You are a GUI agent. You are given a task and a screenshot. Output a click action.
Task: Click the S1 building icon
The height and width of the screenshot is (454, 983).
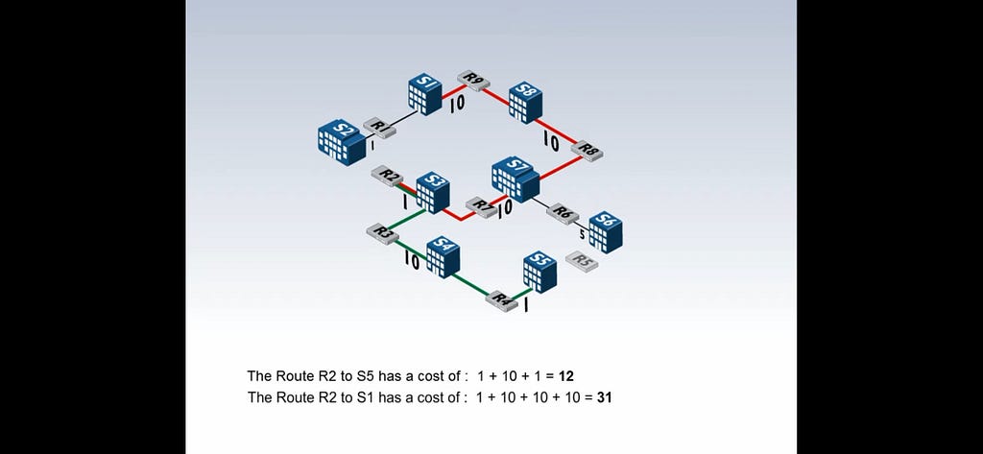pyautogui.click(x=425, y=95)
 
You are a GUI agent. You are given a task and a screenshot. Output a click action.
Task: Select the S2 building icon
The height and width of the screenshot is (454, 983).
pyautogui.click(x=342, y=143)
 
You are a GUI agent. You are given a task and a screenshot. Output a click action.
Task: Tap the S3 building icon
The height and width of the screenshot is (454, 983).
pyautogui.click(x=433, y=193)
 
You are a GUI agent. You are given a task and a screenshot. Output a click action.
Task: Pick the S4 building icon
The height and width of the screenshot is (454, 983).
pyautogui.click(x=444, y=257)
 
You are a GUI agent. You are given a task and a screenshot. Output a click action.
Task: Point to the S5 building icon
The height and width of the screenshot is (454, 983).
pyautogui.click(x=539, y=273)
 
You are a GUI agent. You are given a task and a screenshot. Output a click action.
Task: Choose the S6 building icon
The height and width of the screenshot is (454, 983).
pyautogui.click(x=606, y=232)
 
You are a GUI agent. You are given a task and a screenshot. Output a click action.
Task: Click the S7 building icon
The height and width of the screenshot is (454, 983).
pyautogui.click(x=515, y=179)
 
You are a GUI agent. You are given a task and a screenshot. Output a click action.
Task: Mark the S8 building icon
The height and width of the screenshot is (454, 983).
pyautogui.click(x=525, y=102)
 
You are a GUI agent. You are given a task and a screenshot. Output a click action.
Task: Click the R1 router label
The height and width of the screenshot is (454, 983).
pyautogui.click(x=379, y=128)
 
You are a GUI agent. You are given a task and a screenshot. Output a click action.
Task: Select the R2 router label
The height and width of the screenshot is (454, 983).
pyautogui.click(x=388, y=177)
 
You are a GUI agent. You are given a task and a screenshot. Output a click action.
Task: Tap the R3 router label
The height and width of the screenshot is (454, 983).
pyautogui.click(x=382, y=232)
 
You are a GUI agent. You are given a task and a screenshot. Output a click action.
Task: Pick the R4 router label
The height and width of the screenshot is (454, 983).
pyautogui.click(x=501, y=300)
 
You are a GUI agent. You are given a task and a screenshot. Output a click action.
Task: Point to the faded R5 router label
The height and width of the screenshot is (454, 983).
pyautogui.click(x=582, y=261)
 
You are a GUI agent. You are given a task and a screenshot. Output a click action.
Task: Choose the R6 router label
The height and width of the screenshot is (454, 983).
pyautogui.click(x=563, y=213)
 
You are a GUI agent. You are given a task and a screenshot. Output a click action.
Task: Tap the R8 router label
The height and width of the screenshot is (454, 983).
pyautogui.click(x=587, y=151)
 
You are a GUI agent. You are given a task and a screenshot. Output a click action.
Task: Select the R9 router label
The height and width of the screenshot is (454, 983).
pyautogui.click(x=472, y=81)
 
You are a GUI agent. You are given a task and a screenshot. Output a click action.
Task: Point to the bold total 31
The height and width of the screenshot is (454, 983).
pyautogui.click(x=605, y=397)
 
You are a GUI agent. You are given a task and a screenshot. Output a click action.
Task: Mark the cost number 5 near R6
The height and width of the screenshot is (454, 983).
pyautogui.click(x=582, y=235)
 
